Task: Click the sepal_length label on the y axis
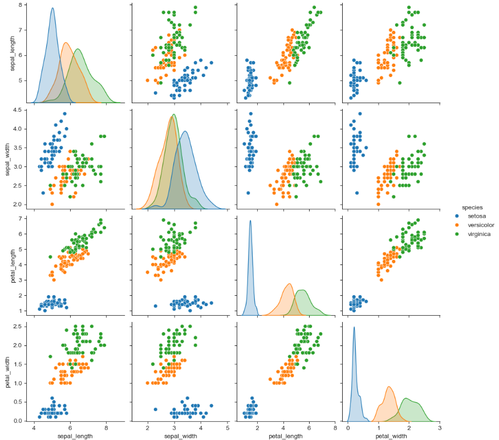coord(12,54)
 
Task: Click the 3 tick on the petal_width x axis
coord(440,426)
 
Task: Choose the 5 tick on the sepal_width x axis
coord(227,426)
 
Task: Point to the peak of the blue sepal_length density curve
coord(52,8)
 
